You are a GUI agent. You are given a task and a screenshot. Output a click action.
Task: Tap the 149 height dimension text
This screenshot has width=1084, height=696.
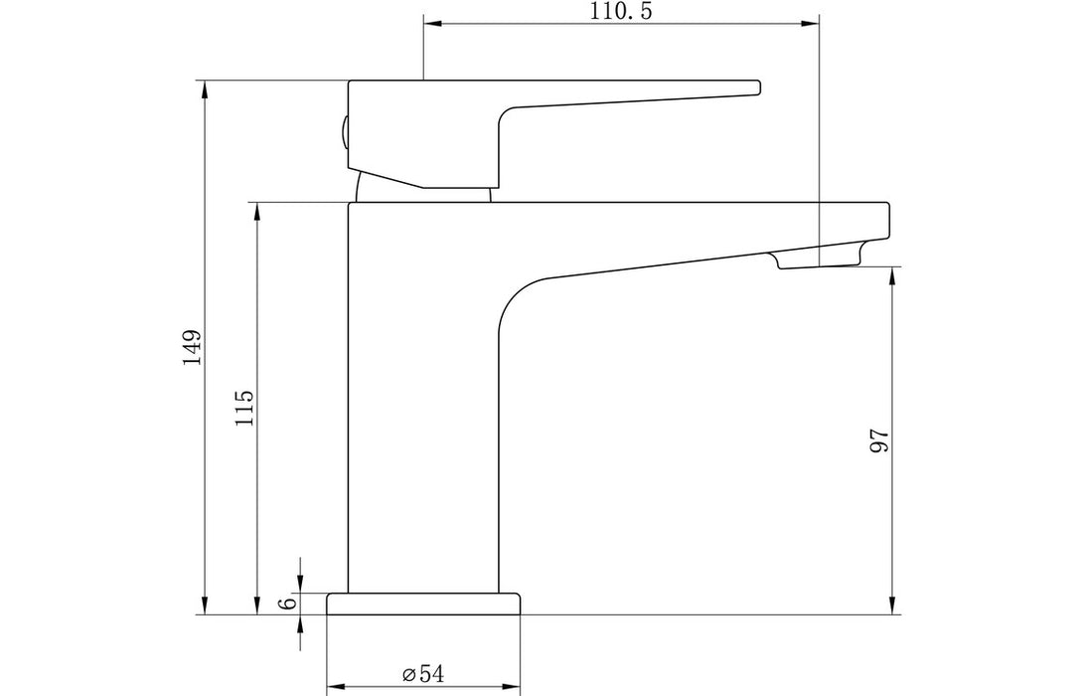(x=192, y=347)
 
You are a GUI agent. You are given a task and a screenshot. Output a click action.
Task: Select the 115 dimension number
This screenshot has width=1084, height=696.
(x=244, y=408)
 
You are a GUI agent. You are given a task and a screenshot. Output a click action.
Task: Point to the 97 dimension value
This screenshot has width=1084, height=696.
(x=877, y=440)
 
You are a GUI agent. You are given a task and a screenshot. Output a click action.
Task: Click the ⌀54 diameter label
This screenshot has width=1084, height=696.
(x=423, y=673)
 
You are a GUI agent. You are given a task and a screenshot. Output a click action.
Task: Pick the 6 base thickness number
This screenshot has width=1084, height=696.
(x=288, y=604)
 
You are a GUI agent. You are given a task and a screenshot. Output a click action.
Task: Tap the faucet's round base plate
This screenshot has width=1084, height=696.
(x=424, y=604)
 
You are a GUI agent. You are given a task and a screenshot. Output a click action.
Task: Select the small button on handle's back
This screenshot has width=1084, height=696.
(x=344, y=131)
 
